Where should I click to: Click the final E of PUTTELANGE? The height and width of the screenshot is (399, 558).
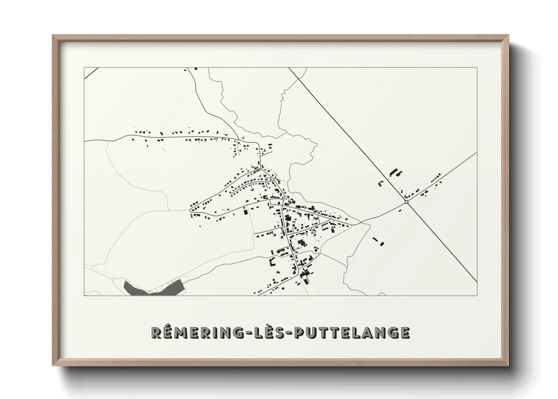(x=404, y=332)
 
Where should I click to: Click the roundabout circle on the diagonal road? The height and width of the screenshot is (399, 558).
(x=406, y=203)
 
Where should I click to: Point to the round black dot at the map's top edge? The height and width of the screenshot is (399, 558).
(x=196, y=69)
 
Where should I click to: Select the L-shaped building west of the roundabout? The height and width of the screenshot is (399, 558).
(x=381, y=184)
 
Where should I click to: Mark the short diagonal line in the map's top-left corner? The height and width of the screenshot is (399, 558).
(x=91, y=73)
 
